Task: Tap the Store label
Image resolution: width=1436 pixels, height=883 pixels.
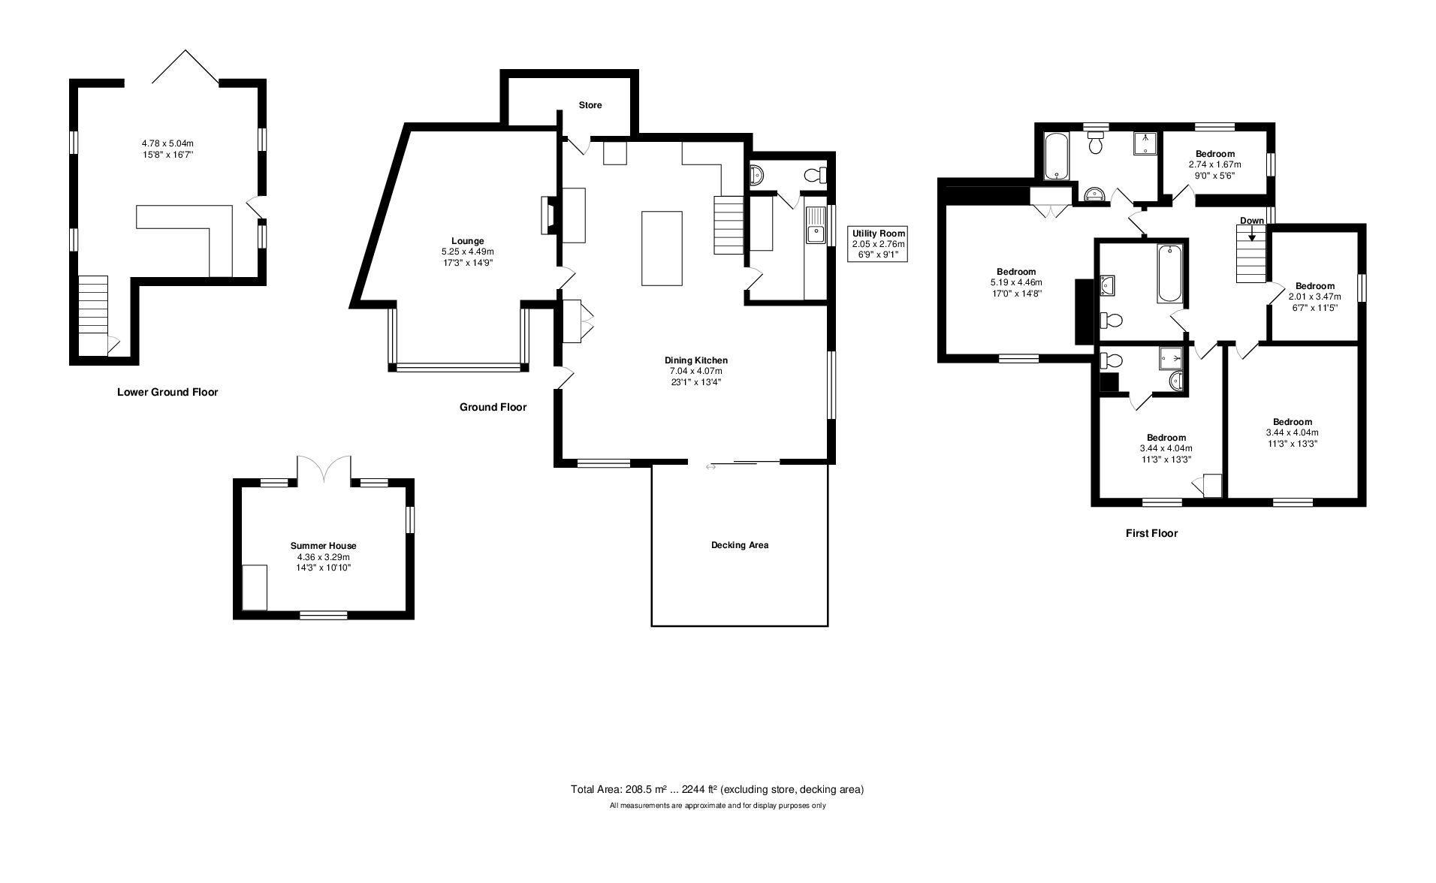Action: (590, 105)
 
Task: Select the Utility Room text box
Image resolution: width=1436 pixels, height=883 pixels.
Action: (878, 244)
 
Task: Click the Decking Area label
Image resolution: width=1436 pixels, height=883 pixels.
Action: (739, 545)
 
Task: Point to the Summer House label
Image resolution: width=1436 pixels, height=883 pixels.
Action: (323, 546)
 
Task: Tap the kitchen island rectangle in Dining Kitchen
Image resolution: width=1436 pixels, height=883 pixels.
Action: (662, 248)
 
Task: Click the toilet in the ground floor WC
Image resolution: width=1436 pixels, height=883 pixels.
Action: (814, 176)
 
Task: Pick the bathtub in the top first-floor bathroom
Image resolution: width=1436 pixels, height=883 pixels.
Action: (1056, 157)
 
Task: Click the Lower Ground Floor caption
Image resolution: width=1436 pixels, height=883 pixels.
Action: (167, 392)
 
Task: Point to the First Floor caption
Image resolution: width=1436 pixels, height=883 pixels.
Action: (1151, 533)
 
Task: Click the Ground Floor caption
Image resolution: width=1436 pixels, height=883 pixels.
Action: (493, 407)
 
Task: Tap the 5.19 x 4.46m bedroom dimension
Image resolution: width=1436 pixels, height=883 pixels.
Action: (1016, 282)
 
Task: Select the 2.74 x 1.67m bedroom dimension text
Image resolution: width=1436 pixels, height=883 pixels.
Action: (1214, 164)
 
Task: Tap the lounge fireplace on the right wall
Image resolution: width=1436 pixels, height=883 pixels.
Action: (548, 216)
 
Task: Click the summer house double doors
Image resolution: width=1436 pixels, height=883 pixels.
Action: (324, 469)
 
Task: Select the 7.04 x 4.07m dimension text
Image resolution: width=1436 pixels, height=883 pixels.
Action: (695, 371)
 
